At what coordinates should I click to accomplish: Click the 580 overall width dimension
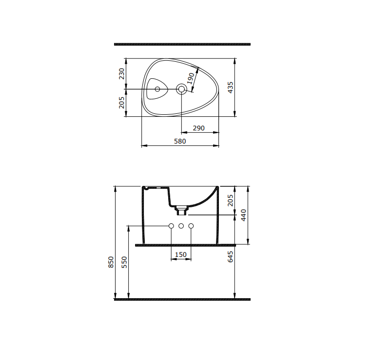point(179,141)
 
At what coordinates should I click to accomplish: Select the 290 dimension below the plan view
point(198,128)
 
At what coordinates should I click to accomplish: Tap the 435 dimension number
point(231,87)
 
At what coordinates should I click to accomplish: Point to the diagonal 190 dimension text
point(191,78)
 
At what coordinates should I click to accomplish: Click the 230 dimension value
point(122,73)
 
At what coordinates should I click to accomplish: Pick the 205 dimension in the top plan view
point(122,102)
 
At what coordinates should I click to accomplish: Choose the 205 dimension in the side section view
point(231,200)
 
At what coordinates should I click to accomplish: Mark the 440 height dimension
point(244,215)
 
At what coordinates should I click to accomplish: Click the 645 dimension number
point(231,256)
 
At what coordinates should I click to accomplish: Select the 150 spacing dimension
point(181,254)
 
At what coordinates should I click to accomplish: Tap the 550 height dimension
point(124,262)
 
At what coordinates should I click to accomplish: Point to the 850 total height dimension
point(111,262)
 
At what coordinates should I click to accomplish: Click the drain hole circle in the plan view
point(181,89)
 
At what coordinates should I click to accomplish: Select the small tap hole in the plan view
point(157,89)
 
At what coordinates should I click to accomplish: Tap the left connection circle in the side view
point(171,226)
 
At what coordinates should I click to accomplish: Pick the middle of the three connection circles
point(181,226)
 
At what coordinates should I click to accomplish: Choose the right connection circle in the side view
point(191,226)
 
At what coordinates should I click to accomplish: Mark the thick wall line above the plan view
point(182,44)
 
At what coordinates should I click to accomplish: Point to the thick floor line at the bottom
point(182,300)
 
